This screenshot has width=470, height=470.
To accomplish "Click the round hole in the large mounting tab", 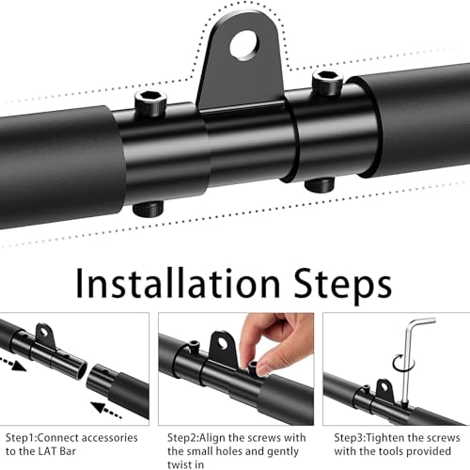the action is click(x=244, y=45).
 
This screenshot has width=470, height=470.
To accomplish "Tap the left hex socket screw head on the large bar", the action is click(x=150, y=103).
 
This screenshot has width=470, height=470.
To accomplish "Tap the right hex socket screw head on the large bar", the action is click(x=327, y=82).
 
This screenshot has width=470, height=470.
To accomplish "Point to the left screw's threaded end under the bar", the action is click(x=149, y=209).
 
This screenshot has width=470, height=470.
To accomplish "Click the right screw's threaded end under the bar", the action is click(x=320, y=185).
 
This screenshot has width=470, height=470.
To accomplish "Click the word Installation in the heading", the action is click(x=178, y=283).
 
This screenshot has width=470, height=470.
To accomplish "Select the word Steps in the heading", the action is click(x=343, y=284).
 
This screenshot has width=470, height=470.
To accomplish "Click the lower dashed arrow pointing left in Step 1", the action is click(x=105, y=410).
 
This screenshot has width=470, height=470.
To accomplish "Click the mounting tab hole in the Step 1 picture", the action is click(x=44, y=331).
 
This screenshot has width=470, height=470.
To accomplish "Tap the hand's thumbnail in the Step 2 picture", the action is click(x=262, y=368).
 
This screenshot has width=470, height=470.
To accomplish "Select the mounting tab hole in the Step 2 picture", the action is click(x=223, y=343).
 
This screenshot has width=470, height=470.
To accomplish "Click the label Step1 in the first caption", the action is click(x=21, y=438).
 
